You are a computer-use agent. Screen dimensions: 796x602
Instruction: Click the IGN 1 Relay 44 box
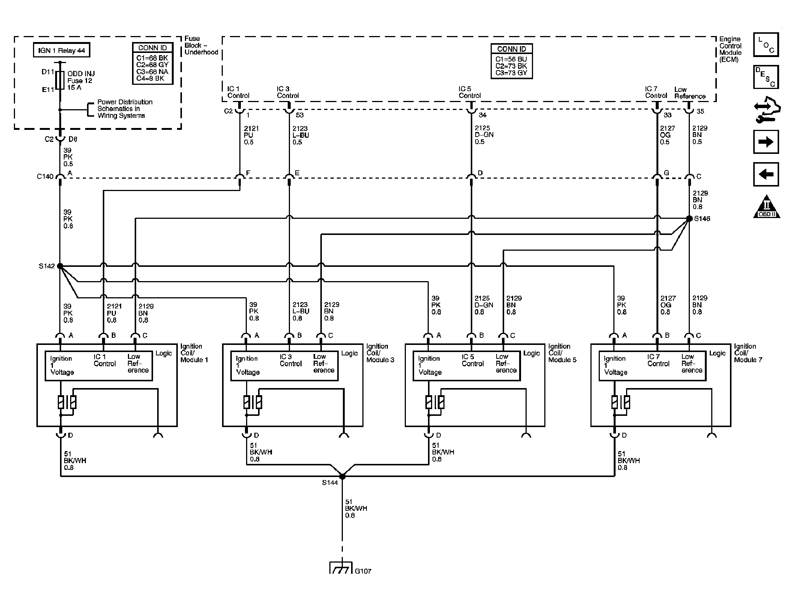(x=62, y=50)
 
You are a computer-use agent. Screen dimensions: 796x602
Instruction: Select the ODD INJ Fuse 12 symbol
(x=60, y=80)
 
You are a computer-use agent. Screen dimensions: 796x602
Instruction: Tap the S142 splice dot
(x=60, y=266)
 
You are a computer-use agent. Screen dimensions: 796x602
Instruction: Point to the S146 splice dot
(x=689, y=218)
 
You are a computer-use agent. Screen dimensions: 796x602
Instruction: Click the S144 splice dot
(x=342, y=476)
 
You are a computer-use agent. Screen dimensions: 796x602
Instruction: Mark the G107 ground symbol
(x=341, y=567)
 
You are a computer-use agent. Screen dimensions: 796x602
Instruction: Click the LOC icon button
(x=766, y=45)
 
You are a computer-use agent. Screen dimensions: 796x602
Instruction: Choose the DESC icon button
(x=766, y=77)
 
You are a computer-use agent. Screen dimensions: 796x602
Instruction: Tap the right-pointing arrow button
(x=766, y=142)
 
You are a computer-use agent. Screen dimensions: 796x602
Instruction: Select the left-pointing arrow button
(x=766, y=174)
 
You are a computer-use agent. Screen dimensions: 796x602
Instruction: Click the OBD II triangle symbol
(x=767, y=206)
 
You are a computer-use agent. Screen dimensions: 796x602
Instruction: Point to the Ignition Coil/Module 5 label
(x=562, y=353)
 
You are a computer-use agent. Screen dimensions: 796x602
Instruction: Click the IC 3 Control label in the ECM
(x=288, y=92)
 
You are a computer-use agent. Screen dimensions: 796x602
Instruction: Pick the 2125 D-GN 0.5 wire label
(x=484, y=135)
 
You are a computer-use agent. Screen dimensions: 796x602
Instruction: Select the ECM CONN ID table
(x=512, y=61)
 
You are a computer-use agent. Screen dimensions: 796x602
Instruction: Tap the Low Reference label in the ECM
(x=690, y=93)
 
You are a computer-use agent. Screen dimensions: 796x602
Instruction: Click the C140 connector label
(x=45, y=176)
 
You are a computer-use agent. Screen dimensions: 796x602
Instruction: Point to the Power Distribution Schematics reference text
(x=125, y=109)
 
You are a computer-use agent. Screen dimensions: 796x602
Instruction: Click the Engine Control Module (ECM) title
(x=730, y=49)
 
